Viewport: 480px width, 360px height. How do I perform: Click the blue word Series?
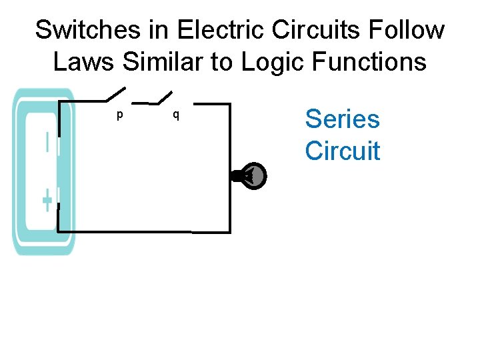[x=342, y=119]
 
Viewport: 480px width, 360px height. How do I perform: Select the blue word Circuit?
[x=342, y=151]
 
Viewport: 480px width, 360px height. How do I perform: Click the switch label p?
[x=119, y=115]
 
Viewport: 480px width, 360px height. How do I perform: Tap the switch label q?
[x=175, y=115]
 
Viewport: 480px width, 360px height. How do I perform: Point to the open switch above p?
[x=116, y=95]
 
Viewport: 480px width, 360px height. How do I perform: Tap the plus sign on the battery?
[x=47, y=200]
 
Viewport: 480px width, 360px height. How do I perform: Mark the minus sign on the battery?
[x=47, y=143]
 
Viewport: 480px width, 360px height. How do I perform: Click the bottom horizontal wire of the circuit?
[x=143, y=231]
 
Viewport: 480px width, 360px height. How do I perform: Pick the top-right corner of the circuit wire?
[x=229, y=104]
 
